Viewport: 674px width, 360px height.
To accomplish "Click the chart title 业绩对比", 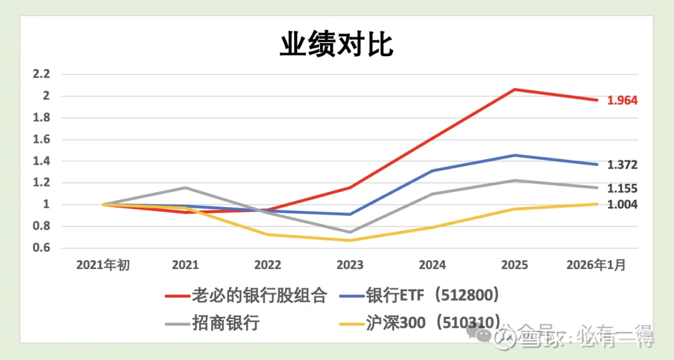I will pyautogui.click(x=336, y=45).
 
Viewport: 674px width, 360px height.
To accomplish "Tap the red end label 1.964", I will pyautogui.click(x=622, y=100).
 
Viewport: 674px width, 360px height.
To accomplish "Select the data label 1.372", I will pyautogui.click(x=622, y=165).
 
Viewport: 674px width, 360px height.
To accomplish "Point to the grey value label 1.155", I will pyautogui.click(x=622, y=188).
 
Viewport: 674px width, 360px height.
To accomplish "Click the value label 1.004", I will pyautogui.click(x=622, y=204).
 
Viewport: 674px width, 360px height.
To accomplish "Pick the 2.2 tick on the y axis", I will pyautogui.click(x=41, y=74).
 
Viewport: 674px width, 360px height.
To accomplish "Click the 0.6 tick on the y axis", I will pyautogui.click(x=41, y=248).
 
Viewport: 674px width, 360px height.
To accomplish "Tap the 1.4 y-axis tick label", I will pyautogui.click(x=41, y=162).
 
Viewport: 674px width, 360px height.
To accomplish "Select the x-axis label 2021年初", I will pyautogui.click(x=103, y=265).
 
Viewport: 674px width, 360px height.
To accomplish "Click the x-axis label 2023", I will pyautogui.click(x=349, y=265).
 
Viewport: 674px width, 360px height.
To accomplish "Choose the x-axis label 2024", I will pyautogui.click(x=432, y=265).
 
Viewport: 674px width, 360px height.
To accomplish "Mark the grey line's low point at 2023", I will pyautogui.click(x=349, y=232).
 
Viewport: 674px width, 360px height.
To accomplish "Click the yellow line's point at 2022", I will pyautogui.click(x=268, y=235).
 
